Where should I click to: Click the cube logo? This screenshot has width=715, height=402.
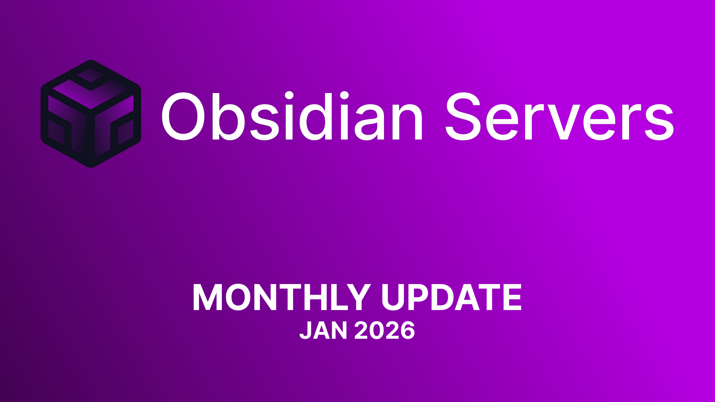click(x=91, y=114)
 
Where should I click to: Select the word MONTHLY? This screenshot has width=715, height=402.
click(x=282, y=298)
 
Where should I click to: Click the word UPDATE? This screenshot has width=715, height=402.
click(x=451, y=298)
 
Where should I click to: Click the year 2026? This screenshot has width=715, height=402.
click(x=385, y=331)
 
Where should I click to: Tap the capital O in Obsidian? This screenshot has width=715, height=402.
click(x=183, y=116)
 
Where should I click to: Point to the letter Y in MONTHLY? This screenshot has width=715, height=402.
click(x=357, y=298)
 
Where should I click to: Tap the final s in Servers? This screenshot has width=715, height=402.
click(x=660, y=121)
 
